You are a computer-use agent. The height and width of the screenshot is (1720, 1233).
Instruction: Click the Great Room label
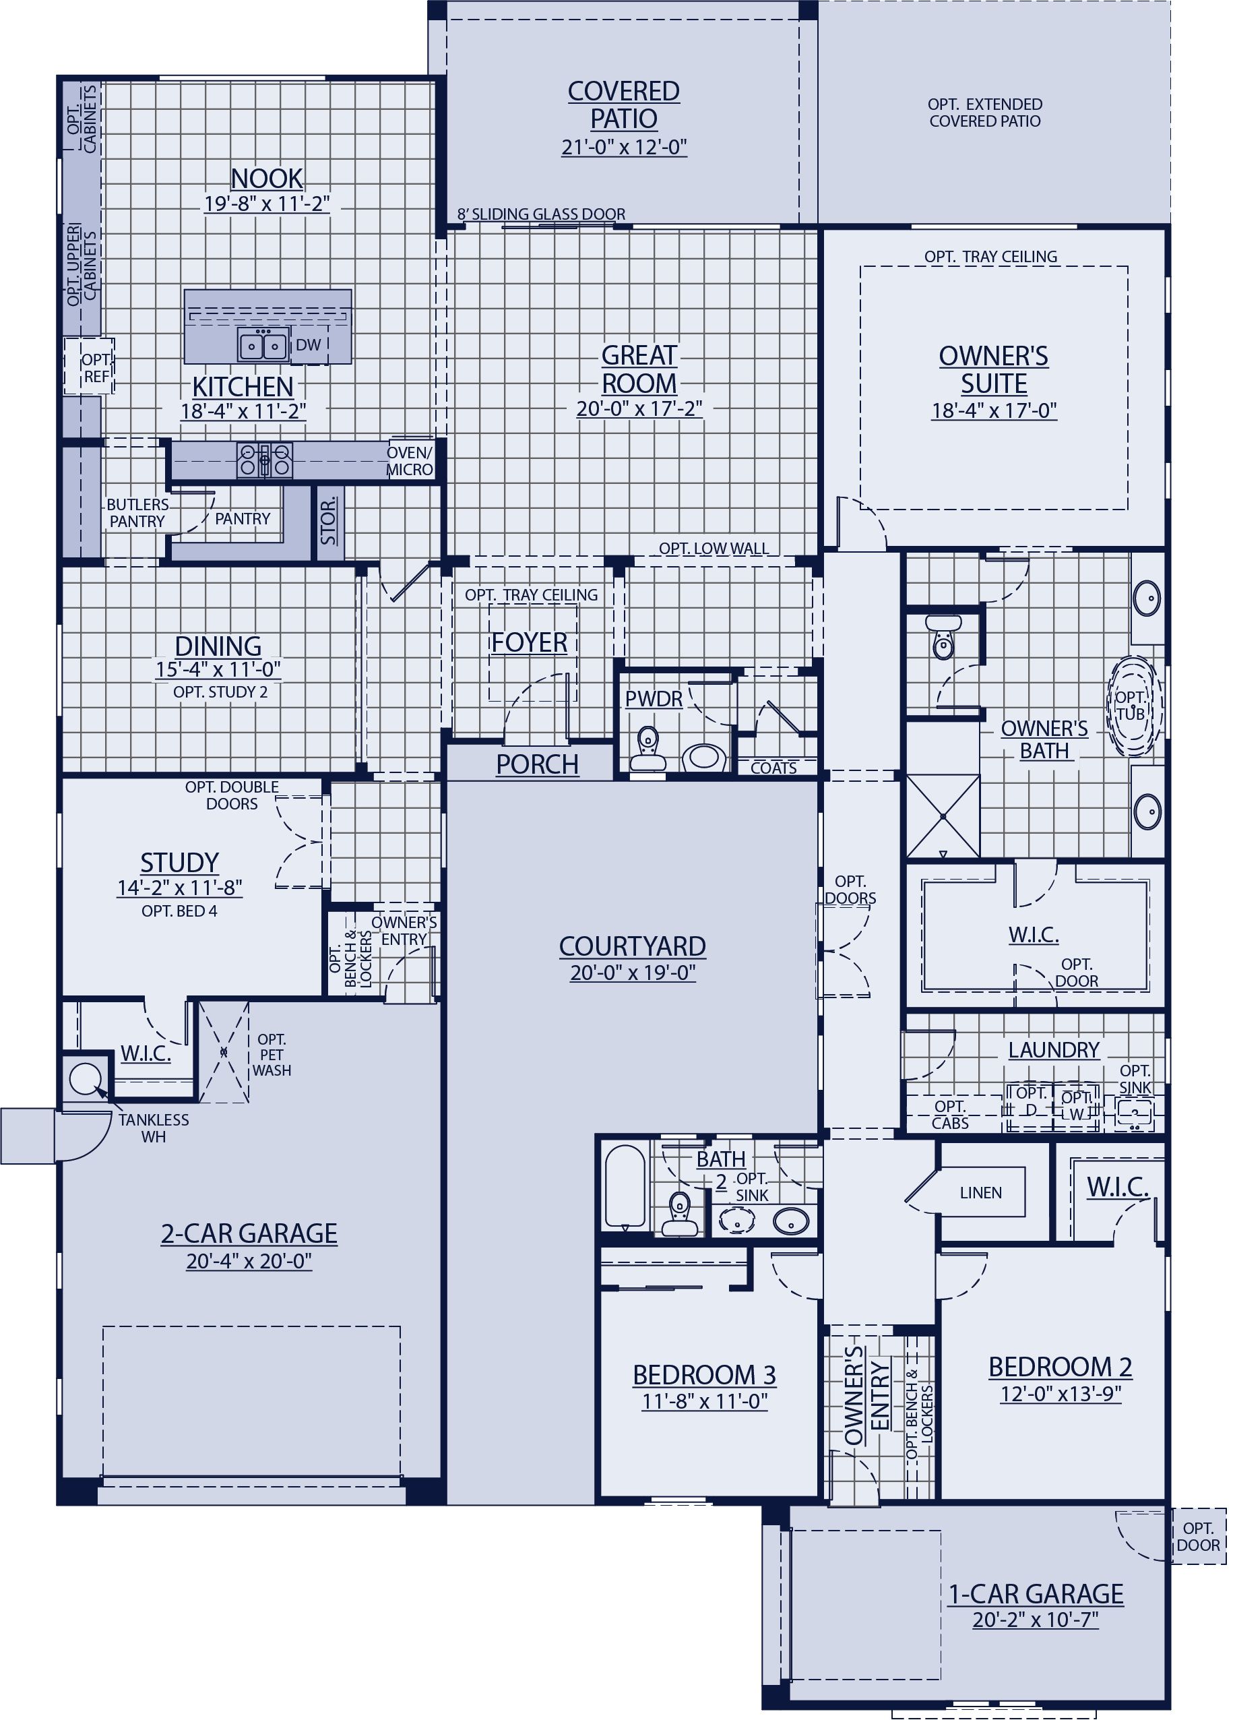pos(639,369)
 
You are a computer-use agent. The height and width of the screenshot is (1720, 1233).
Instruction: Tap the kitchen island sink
pos(263,346)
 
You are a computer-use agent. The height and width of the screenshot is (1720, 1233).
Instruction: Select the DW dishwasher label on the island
pos(308,345)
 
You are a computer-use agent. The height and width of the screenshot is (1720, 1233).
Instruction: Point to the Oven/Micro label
pos(410,461)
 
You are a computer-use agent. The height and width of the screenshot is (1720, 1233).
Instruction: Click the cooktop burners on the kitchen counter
pos(264,459)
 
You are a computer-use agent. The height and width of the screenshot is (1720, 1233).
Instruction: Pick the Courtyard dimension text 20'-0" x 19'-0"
pos(633,973)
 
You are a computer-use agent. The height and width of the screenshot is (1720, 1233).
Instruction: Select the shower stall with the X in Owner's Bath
pos(943,816)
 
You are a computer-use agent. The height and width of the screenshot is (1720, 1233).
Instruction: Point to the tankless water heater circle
pos(84,1078)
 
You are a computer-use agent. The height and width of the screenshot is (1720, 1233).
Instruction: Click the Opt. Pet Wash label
pos(272,1054)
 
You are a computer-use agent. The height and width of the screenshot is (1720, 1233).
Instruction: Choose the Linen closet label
pos(980,1193)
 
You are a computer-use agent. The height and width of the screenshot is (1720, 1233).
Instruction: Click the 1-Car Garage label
pos(1036,1594)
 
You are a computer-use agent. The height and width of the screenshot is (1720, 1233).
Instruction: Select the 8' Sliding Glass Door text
pos(542,214)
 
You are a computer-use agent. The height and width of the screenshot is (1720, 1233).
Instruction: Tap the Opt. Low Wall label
pos(714,549)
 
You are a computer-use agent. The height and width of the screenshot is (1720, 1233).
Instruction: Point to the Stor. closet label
pos(329,522)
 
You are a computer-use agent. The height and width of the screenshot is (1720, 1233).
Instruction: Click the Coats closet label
pos(773,768)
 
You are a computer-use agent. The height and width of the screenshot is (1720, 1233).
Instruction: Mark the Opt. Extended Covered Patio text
pos(985,113)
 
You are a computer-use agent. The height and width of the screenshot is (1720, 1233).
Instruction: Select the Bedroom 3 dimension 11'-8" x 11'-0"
pos(705,1401)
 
